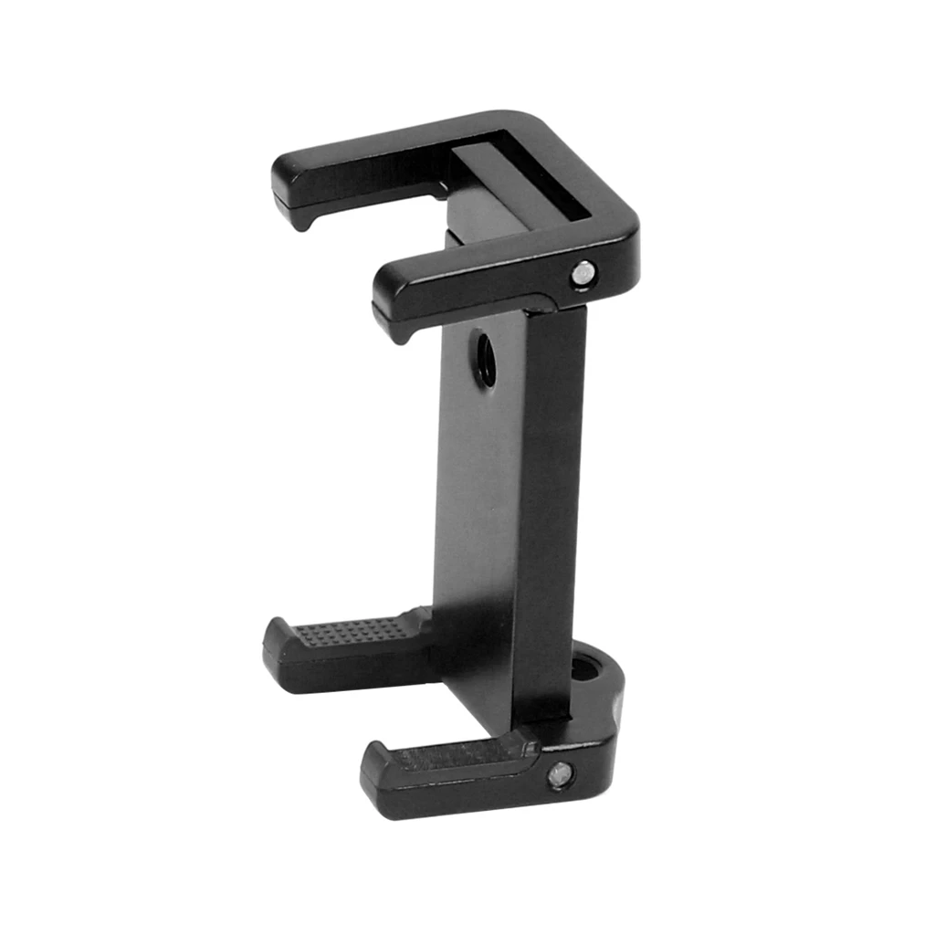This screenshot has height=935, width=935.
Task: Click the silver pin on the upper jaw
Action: click(x=582, y=271)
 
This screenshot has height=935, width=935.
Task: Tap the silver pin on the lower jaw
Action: click(x=559, y=775)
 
